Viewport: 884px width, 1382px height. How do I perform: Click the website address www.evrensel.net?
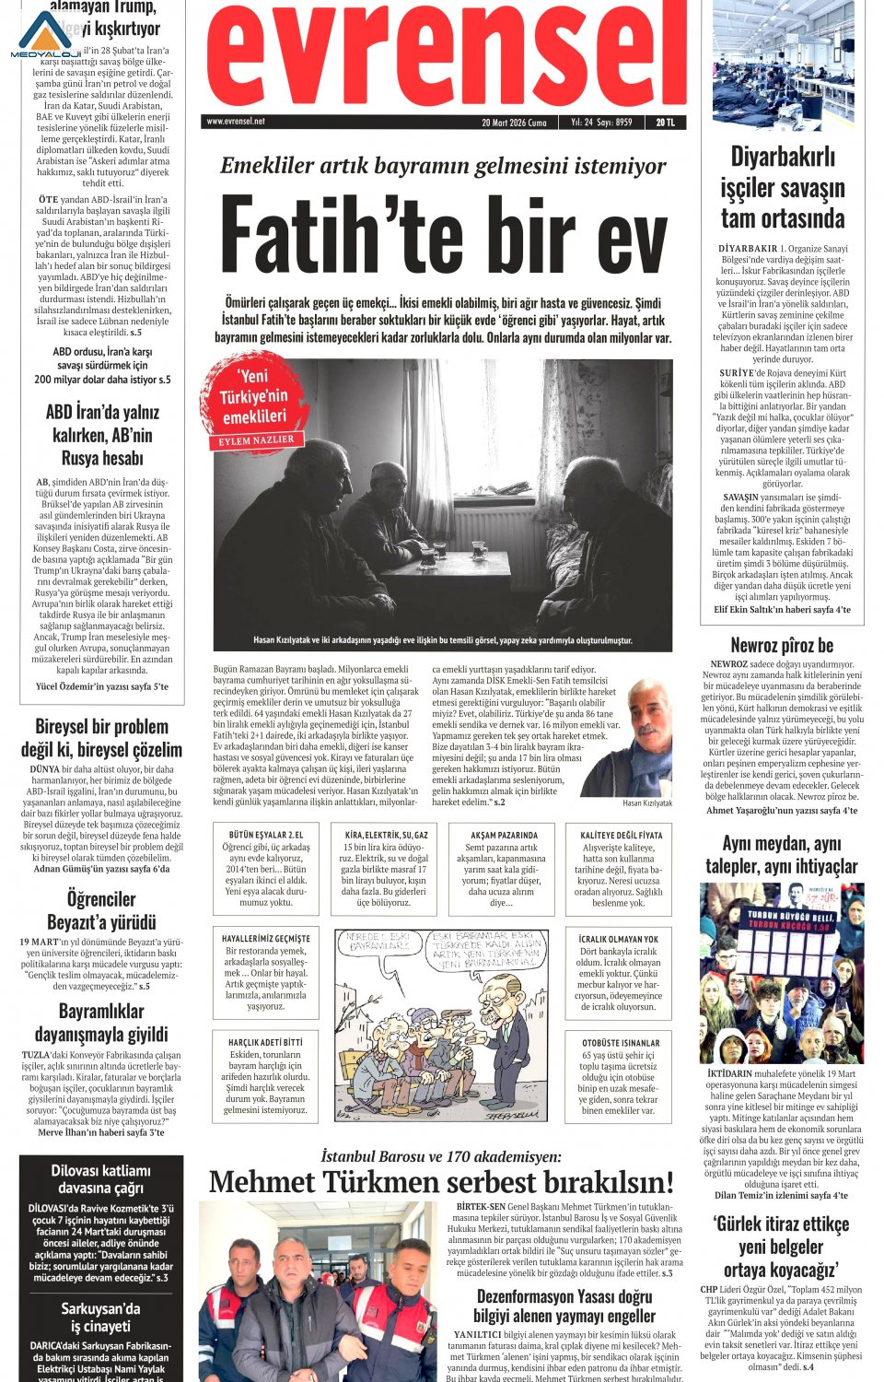(x=236, y=122)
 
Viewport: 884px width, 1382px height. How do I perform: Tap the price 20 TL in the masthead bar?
(x=665, y=122)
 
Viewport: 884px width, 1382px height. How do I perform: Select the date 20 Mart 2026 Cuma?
(x=514, y=122)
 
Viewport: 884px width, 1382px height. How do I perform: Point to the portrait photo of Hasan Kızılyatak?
(x=635, y=737)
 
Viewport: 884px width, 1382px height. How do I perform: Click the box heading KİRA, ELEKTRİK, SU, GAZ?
(x=386, y=835)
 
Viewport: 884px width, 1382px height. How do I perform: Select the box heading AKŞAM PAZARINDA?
(x=504, y=835)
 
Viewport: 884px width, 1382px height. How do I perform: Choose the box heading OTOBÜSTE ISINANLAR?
(x=620, y=1044)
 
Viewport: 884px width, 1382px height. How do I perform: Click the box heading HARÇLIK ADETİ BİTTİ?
(x=265, y=1042)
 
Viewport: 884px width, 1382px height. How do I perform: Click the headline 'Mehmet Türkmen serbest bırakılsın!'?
(x=442, y=1182)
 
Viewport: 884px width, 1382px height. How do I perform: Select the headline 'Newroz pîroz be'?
(x=782, y=645)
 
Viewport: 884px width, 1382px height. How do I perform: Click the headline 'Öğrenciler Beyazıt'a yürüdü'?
(x=101, y=909)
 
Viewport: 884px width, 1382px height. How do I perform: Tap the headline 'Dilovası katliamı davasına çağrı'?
(x=101, y=1179)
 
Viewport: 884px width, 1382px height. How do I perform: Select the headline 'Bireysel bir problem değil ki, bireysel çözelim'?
(x=101, y=737)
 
